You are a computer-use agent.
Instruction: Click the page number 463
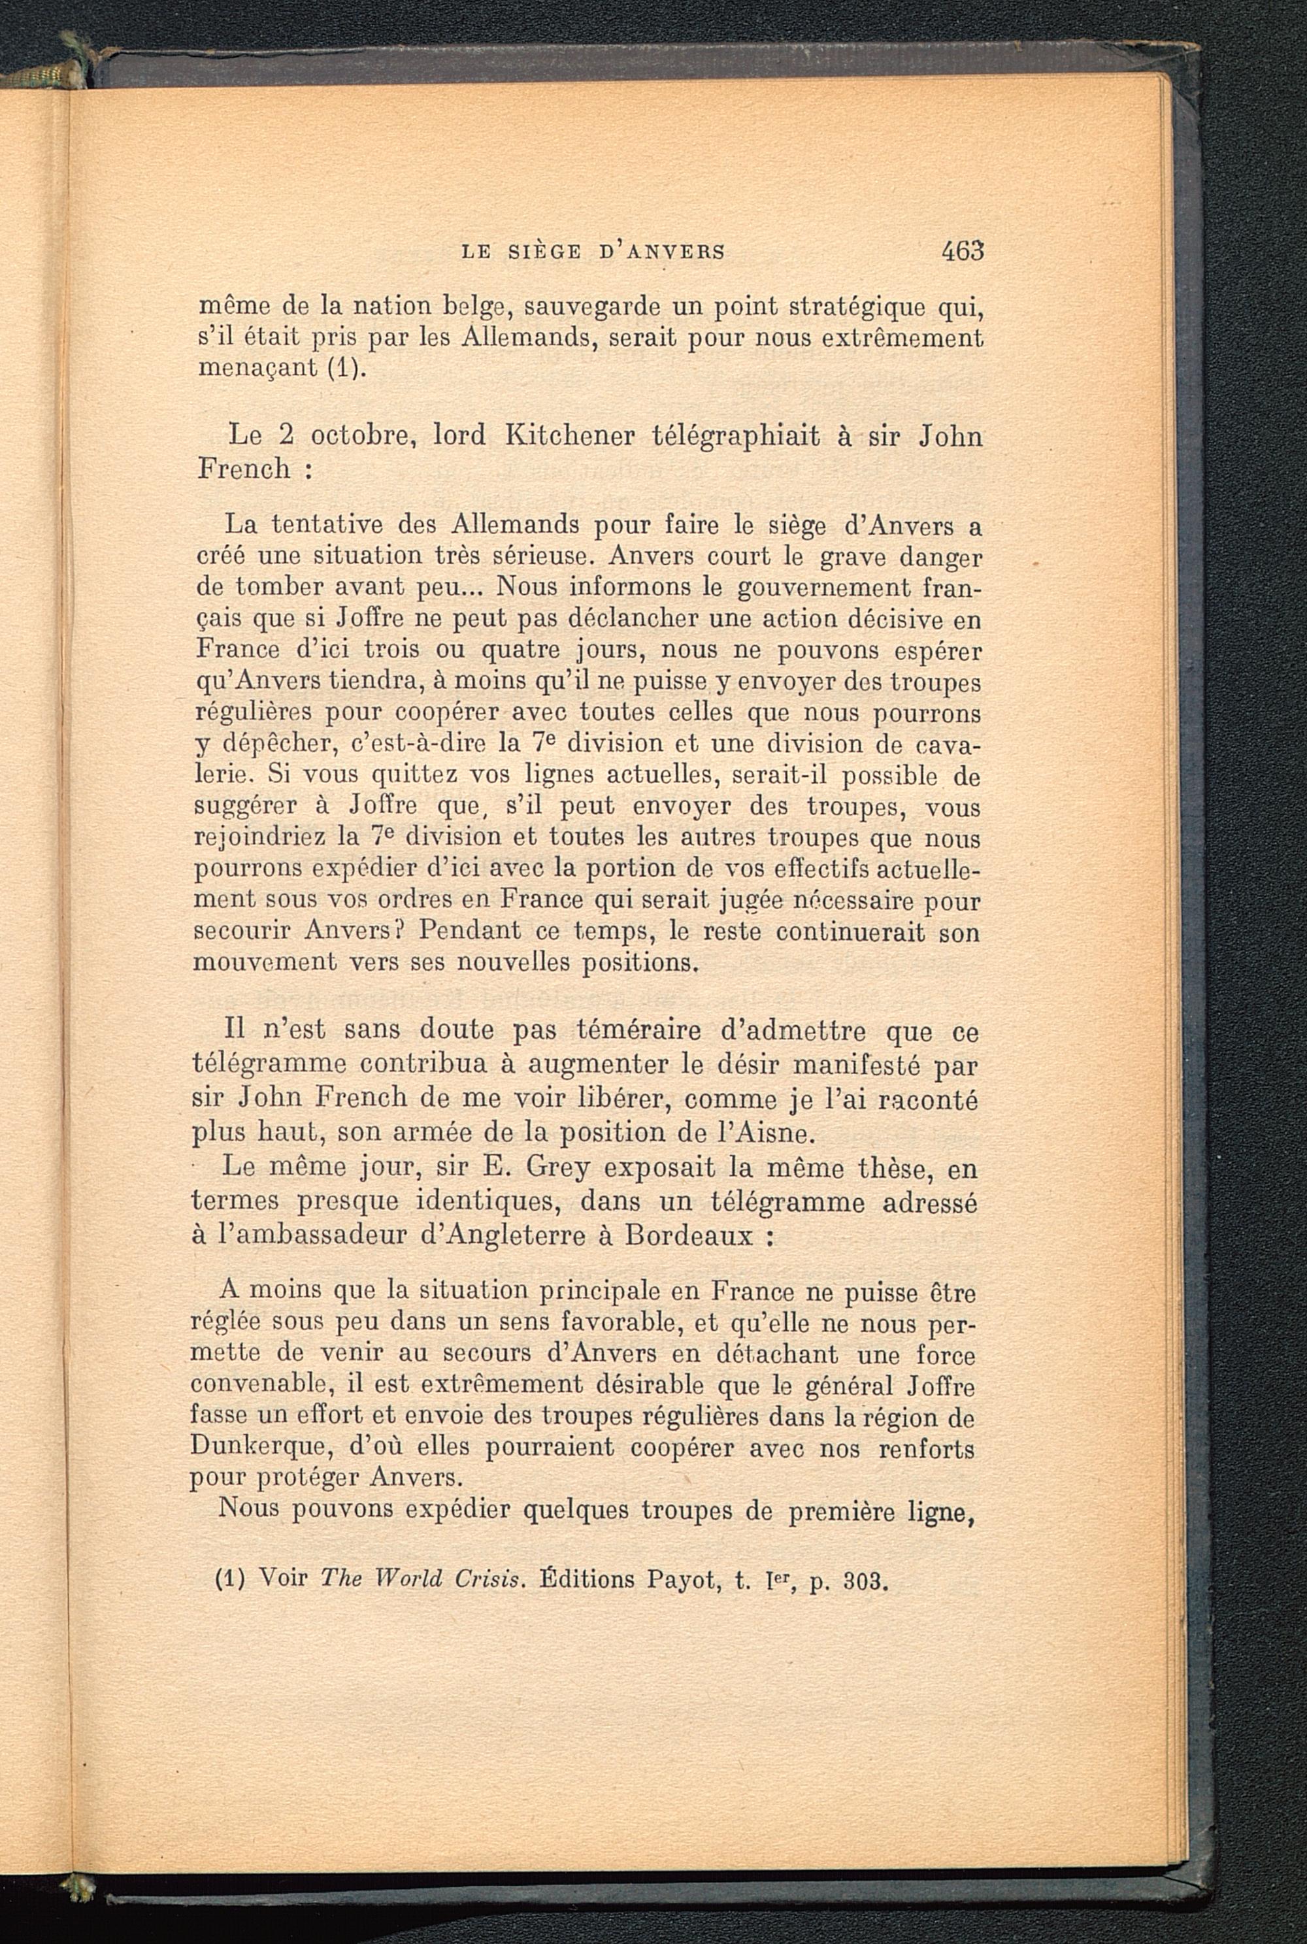pos(963,251)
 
